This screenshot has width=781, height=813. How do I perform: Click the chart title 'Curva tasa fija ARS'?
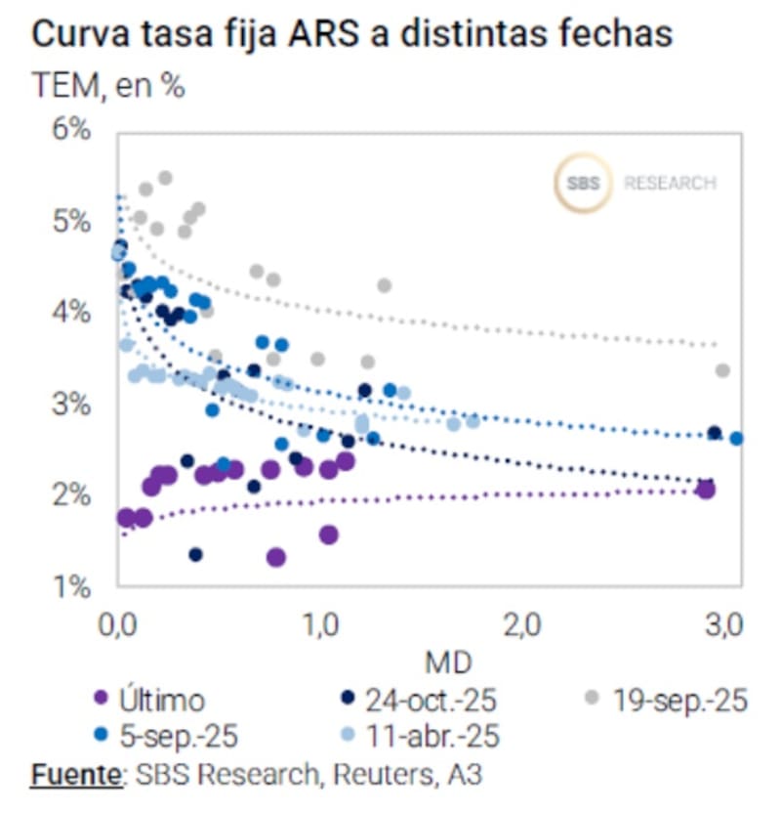click(x=352, y=34)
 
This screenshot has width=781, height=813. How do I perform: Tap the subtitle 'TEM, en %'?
click(x=108, y=86)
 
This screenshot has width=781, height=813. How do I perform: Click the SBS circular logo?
click(x=583, y=183)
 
